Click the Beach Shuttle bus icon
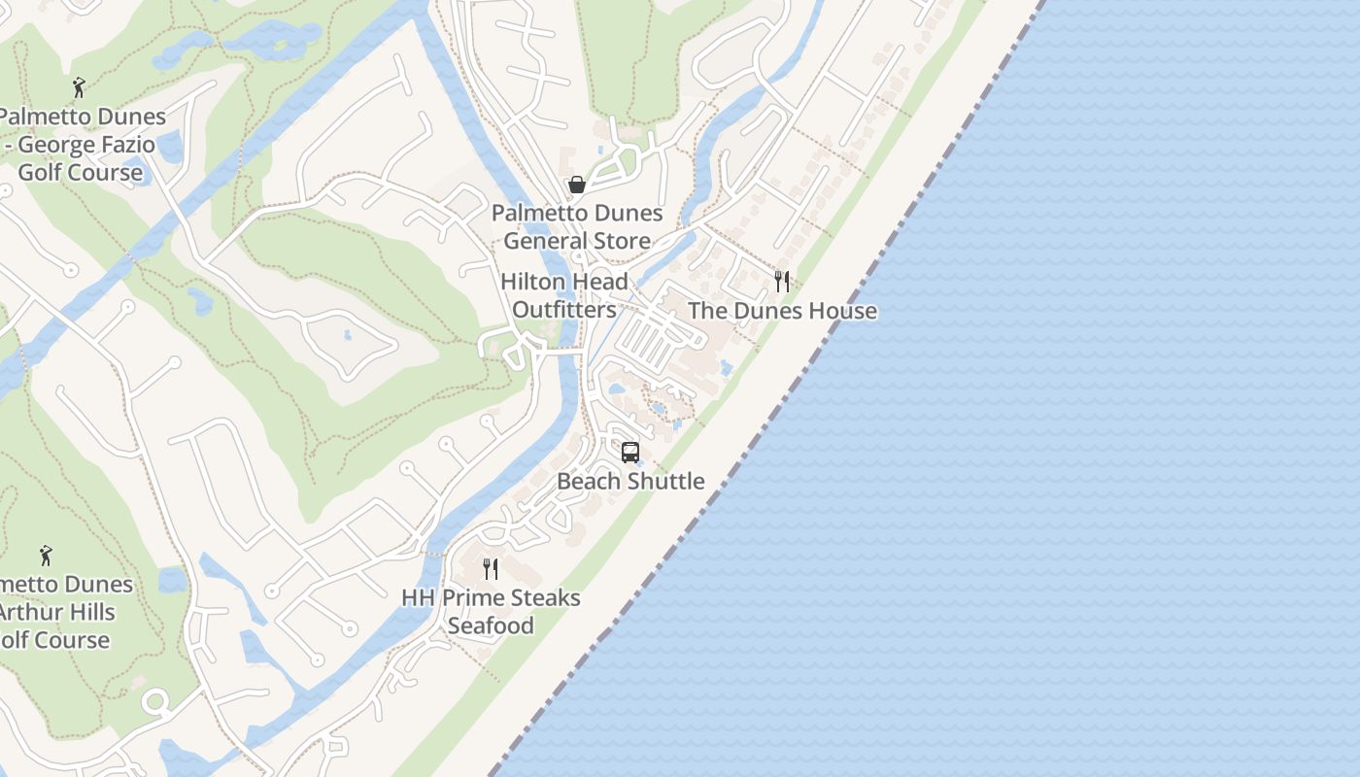tap(630, 453)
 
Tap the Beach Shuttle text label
tap(630, 481)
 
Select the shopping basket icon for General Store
tap(577, 185)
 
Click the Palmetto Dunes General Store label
tap(577, 226)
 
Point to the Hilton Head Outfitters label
tap(564, 295)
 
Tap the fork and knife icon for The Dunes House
tap(782, 282)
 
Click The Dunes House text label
tap(782, 311)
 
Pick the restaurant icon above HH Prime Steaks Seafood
tap(491, 569)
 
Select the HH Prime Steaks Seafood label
tap(491, 611)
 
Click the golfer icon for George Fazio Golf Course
tap(79, 88)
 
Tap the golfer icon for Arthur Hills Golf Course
tap(46, 557)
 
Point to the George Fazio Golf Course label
tap(82, 145)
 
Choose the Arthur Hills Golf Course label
tap(58, 612)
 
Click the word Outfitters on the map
tap(564, 310)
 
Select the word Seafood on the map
tap(491, 625)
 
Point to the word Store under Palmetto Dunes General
tap(619, 241)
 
